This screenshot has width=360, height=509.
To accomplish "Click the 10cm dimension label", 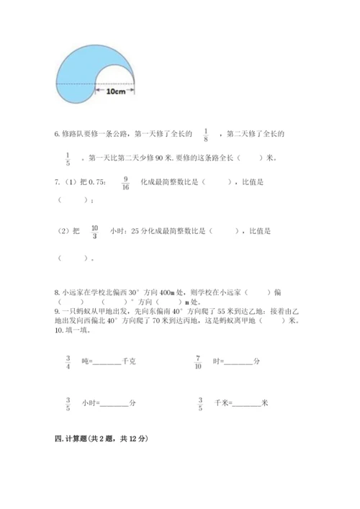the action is pos(115,91).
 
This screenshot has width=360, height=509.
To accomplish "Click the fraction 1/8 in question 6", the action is pos(206,135).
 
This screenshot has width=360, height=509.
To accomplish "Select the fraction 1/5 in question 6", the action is pos(68,158).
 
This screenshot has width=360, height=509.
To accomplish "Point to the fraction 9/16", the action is pos(126,183).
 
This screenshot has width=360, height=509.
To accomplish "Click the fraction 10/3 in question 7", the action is pos(94,231).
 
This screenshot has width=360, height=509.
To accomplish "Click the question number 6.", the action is pos(57,134).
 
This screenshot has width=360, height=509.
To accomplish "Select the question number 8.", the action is pos(57,293).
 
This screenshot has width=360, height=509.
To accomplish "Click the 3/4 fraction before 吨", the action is pos(68,361).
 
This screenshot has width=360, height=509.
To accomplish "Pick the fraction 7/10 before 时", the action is pos(199,361).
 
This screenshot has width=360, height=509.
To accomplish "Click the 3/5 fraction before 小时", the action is pos(68,404).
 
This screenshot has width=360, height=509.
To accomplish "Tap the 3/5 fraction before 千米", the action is pos(199,404).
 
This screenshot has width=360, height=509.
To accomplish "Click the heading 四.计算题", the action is pos(100,438).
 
